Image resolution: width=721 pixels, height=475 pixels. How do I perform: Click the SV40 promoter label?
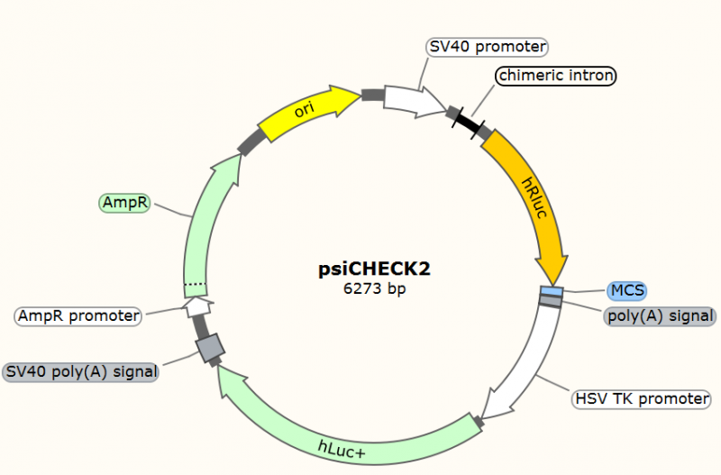click(x=487, y=46)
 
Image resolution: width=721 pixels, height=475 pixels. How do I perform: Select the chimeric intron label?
click(x=555, y=76)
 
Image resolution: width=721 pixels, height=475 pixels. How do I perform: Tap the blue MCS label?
click(x=625, y=290)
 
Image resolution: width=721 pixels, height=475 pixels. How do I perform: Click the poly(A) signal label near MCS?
click(x=660, y=315)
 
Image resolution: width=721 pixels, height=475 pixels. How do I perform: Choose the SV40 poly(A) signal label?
click(x=81, y=370)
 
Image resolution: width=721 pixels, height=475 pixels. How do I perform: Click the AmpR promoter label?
click(x=78, y=315)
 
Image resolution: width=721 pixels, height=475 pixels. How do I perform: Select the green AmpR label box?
click(x=124, y=203)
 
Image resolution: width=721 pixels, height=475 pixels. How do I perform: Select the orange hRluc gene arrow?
click(x=535, y=195)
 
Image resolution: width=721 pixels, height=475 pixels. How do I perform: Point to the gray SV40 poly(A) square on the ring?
click(x=210, y=347)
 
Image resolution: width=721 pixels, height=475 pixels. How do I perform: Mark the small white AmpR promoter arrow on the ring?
click(x=198, y=307)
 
